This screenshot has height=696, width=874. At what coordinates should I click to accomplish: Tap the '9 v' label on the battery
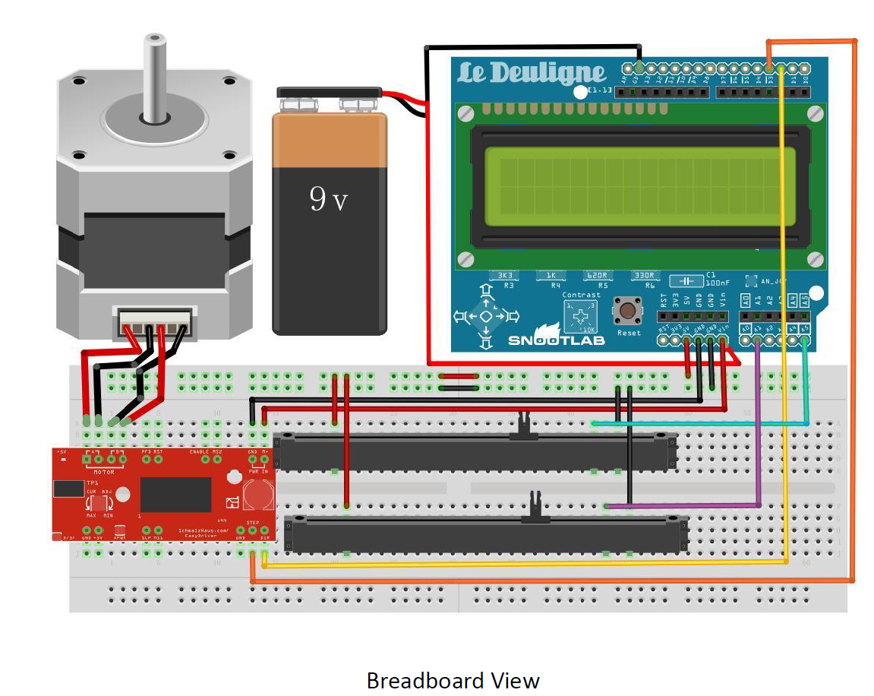coord(328,200)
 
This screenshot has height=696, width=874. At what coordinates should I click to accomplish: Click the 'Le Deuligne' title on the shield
coord(532,74)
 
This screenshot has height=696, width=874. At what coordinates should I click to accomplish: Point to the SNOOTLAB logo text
coord(556,340)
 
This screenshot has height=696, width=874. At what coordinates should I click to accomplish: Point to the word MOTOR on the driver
coord(104,472)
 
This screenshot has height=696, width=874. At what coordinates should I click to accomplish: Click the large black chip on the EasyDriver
coord(175,494)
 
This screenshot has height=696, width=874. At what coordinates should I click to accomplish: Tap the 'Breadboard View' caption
coord(453,680)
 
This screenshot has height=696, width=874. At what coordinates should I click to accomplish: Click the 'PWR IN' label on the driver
coord(257,472)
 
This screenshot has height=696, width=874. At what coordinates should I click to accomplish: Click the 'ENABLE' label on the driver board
coord(199,452)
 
